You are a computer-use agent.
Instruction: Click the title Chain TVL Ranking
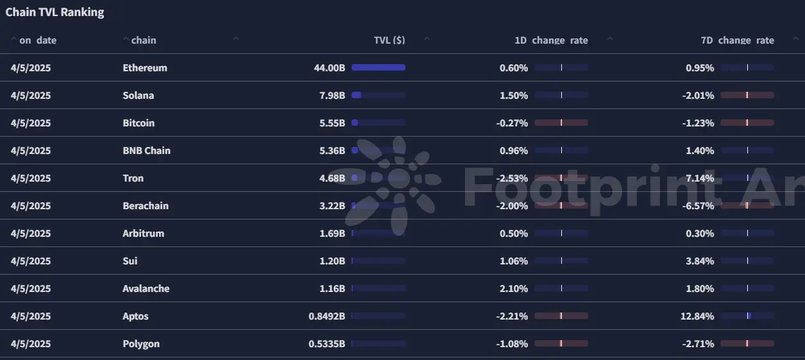pyautogui.click(x=55, y=12)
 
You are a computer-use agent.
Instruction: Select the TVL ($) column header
pyautogui.click(x=389, y=40)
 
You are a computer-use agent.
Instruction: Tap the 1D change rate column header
pyautogui.click(x=551, y=40)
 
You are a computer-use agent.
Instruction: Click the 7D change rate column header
pyautogui.click(x=737, y=40)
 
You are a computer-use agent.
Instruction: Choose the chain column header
pyautogui.click(x=143, y=40)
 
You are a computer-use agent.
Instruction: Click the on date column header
pyautogui.click(x=38, y=40)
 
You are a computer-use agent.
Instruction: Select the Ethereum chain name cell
pyautogui.click(x=145, y=68)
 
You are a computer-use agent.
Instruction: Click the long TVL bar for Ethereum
pyautogui.click(x=378, y=67)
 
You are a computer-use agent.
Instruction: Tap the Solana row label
pyautogui.click(x=138, y=96)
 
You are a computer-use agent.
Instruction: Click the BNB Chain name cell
pyautogui.click(x=146, y=151)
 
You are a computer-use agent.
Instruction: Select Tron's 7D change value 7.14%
pyautogui.click(x=699, y=178)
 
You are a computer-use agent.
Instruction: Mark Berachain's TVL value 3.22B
pyautogui.click(x=332, y=206)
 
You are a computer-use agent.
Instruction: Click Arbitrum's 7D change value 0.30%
pyautogui.click(x=699, y=234)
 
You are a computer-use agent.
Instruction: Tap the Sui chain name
pyautogui.click(x=130, y=261)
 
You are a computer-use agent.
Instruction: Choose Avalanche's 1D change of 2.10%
pyautogui.click(x=513, y=289)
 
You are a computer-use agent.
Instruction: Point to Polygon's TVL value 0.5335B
pyautogui.click(x=326, y=344)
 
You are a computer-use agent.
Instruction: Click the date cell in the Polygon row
pyautogui.click(x=31, y=344)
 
